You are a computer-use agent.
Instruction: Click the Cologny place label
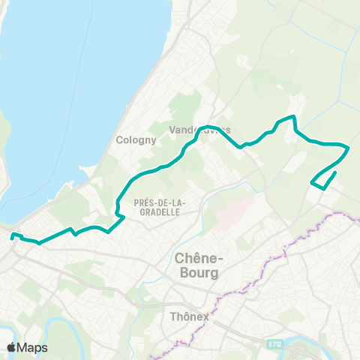(x=136, y=139)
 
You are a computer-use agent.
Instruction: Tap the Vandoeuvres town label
(x=199, y=130)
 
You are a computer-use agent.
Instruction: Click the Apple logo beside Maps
(x=12, y=347)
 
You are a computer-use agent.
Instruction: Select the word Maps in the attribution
(x=33, y=347)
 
